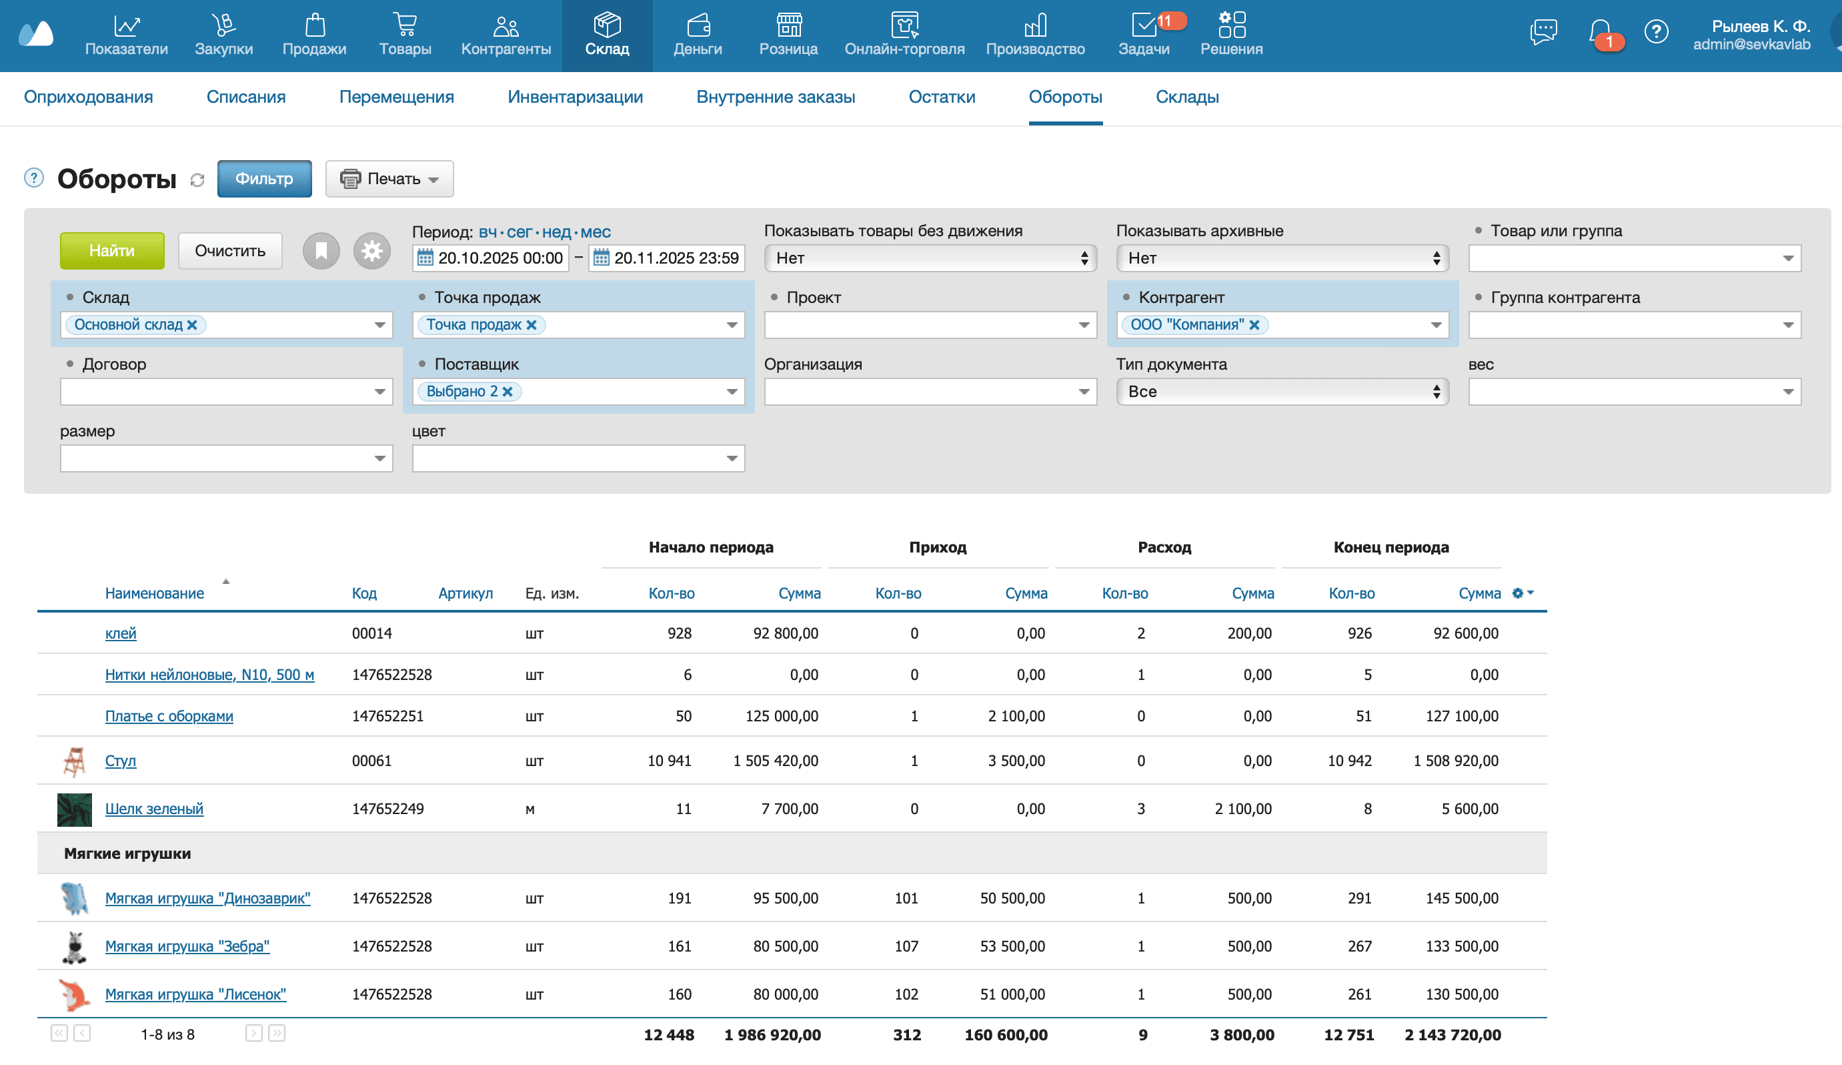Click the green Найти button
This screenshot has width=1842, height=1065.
click(x=112, y=251)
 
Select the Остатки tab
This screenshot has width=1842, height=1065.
click(x=942, y=97)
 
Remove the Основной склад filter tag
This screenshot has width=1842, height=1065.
click(x=192, y=325)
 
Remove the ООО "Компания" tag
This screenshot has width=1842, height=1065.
click(x=1254, y=325)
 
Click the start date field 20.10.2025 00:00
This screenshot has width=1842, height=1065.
click(x=500, y=258)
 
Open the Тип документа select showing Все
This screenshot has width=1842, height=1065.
click(x=1281, y=391)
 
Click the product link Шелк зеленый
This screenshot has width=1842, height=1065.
click(x=154, y=808)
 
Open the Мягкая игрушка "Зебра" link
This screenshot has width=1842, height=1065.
click(x=187, y=946)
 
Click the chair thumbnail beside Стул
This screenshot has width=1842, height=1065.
click(x=74, y=761)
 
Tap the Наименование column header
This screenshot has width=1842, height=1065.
click(x=154, y=593)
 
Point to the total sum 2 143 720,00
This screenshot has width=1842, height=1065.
click(x=1453, y=1034)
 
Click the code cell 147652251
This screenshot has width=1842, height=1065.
click(x=387, y=716)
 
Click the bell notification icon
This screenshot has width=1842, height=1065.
click(x=1600, y=31)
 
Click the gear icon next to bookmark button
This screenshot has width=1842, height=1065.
click(x=371, y=251)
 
